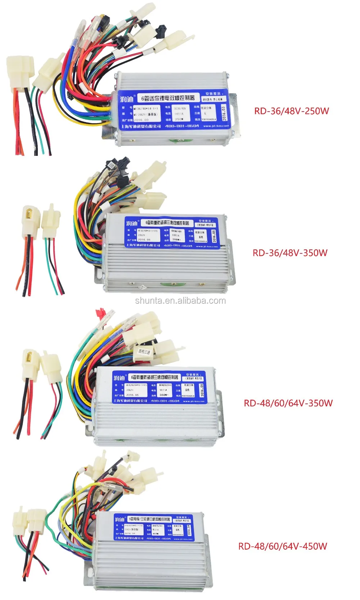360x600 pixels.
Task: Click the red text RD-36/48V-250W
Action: coord(291,111)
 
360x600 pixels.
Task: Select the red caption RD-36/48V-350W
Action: coord(290,253)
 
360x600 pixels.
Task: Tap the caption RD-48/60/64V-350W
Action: coord(288,403)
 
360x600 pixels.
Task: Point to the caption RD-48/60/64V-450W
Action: coord(283,546)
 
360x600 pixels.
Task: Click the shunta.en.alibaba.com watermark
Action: coord(180,301)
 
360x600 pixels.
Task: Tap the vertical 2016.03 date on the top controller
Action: coord(224,113)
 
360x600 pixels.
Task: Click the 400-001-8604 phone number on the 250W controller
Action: coord(182,126)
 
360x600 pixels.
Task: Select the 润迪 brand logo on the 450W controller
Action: coord(120,519)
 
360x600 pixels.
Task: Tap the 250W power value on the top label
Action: coord(179,119)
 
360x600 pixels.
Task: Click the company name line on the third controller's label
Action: coord(130,401)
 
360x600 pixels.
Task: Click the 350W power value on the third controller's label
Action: coord(163,395)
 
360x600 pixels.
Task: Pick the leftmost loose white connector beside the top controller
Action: coord(20,72)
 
